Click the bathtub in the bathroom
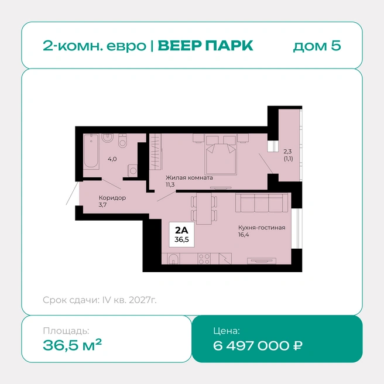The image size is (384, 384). [x=91, y=152]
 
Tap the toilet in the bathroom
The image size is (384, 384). [x=122, y=140]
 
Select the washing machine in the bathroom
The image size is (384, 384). [x=132, y=170]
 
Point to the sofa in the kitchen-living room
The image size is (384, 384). [x=262, y=203]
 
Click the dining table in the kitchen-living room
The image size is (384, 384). [x=204, y=208]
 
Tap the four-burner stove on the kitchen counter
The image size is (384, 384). [x=204, y=259]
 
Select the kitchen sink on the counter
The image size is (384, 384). [x=173, y=259]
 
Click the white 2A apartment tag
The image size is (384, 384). [x=181, y=234]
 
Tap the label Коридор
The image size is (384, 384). [x=112, y=198]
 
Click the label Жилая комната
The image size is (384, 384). [x=189, y=177]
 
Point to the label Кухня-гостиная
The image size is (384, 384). [x=262, y=228]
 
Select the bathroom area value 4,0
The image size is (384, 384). [x=112, y=159]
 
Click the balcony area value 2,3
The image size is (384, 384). [x=287, y=152]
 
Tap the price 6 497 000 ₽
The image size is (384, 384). [x=258, y=346]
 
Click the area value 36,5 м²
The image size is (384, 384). [x=72, y=345]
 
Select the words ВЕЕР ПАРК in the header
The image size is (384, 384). [x=205, y=46]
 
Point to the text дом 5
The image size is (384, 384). [x=317, y=46]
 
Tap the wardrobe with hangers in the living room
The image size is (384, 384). [x=156, y=152]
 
